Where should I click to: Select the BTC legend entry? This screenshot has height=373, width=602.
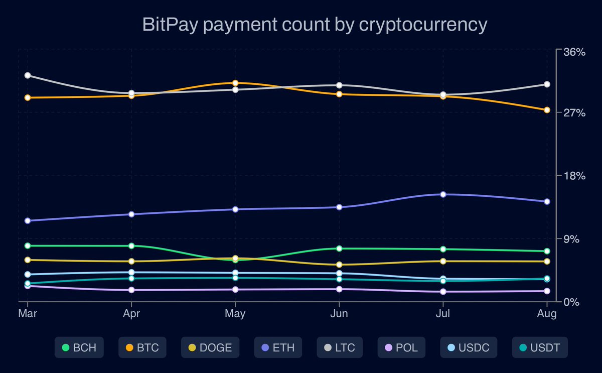(142, 347)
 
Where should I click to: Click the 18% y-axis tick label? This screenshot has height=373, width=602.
(575, 176)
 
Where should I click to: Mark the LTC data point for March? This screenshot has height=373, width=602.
(28, 75)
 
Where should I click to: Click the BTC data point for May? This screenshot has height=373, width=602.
(235, 83)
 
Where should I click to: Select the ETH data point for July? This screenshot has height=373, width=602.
(443, 194)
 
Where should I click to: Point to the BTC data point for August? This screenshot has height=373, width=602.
(547, 110)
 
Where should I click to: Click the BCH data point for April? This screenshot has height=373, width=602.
(131, 246)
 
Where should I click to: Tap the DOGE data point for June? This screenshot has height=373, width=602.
(339, 265)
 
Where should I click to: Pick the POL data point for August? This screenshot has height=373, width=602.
(547, 291)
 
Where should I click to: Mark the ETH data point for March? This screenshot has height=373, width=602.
(28, 221)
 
